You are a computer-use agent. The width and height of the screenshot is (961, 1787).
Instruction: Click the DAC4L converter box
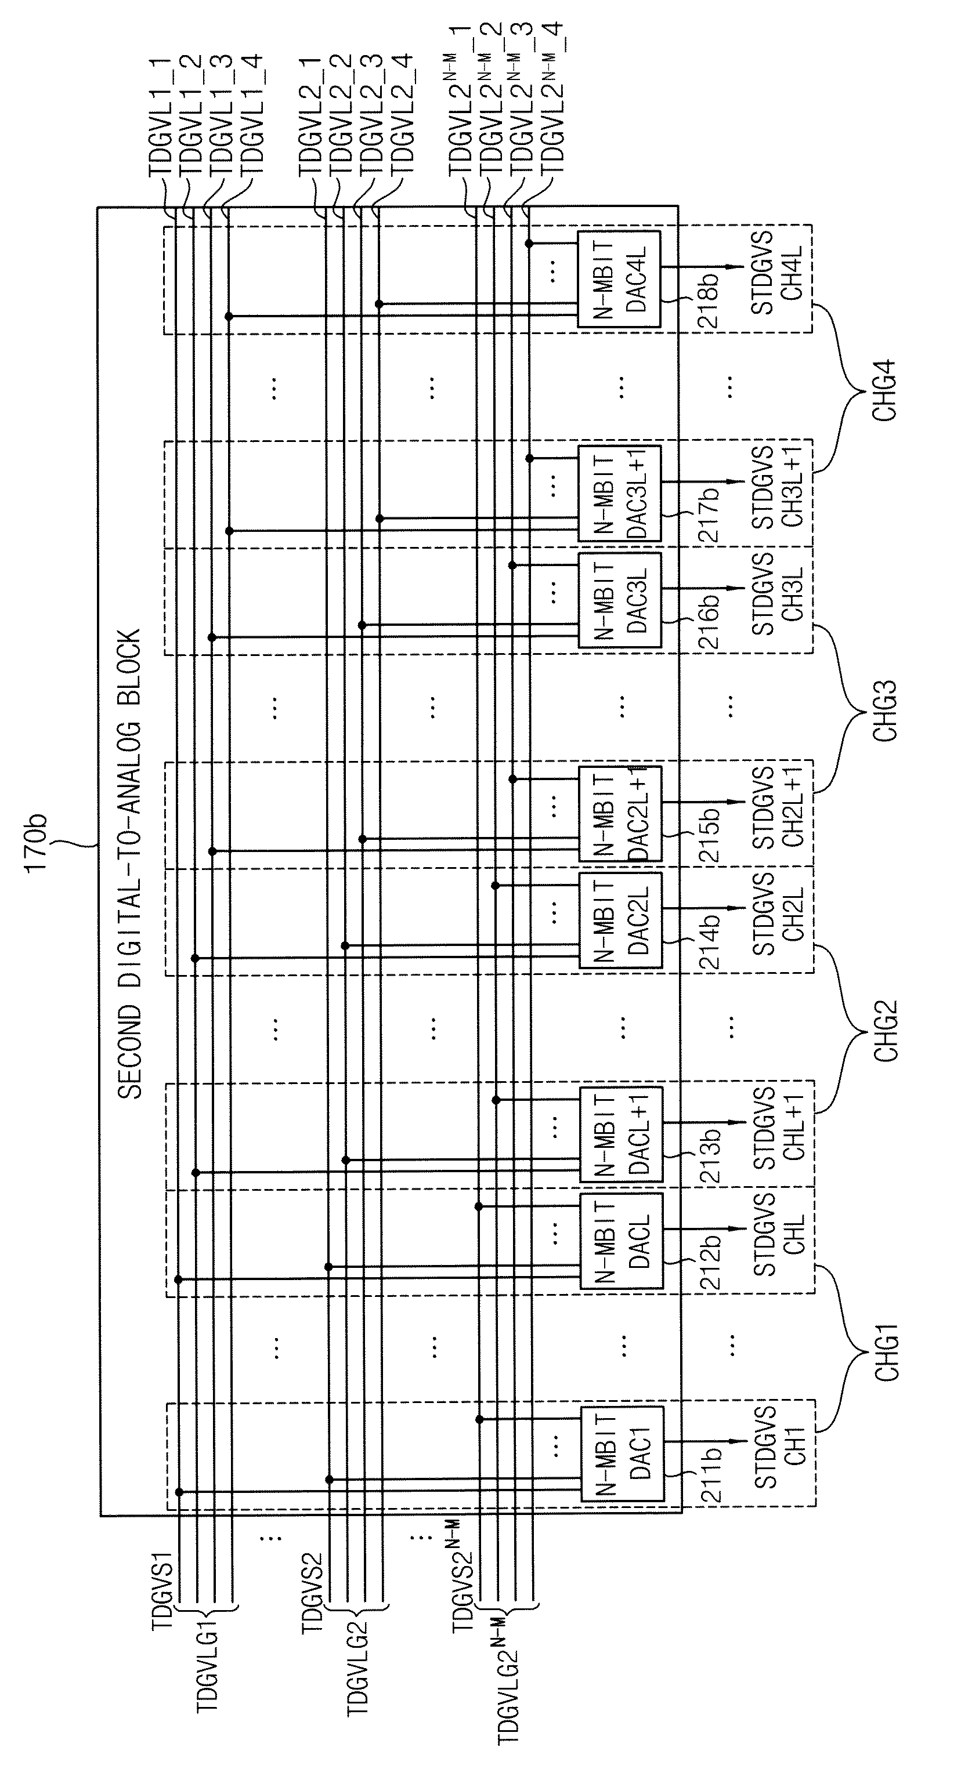click(x=619, y=279)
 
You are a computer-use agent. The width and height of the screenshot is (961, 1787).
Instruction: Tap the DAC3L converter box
click(x=620, y=600)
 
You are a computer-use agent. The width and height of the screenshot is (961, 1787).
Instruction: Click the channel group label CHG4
click(x=886, y=390)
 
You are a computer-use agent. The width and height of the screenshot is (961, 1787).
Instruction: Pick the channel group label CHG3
click(x=886, y=711)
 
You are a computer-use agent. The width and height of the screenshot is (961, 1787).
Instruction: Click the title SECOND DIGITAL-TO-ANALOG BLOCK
click(x=130, y=864)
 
